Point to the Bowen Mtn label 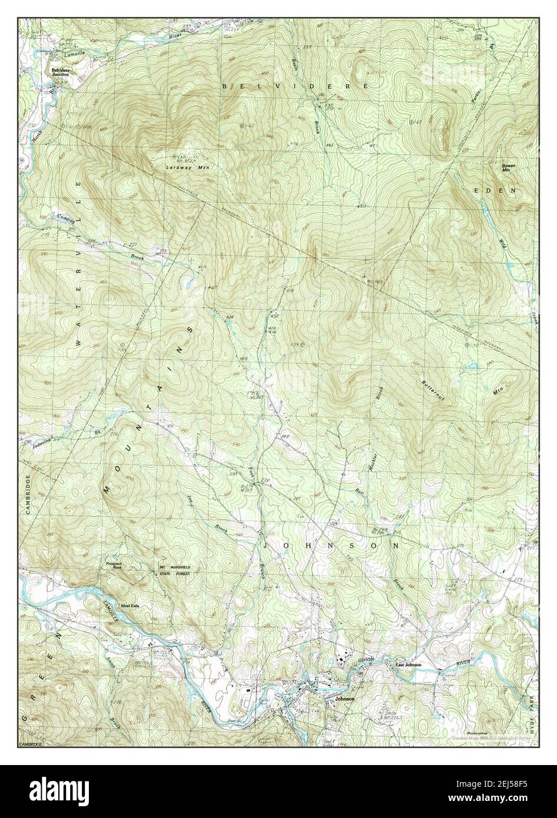click(x=509, y=168)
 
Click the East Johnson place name click(x=408, y=664)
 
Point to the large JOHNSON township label click(x=330, y=546)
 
